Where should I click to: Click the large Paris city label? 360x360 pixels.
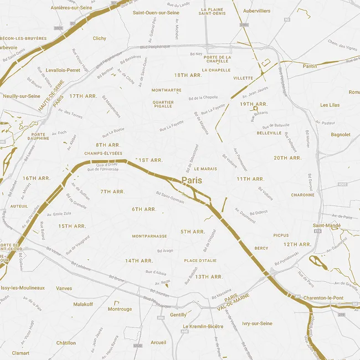[192, 181]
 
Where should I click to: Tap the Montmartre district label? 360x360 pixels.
[166, 90]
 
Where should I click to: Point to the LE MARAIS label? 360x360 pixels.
[205, 168]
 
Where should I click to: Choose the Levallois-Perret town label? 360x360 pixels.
[64, 70]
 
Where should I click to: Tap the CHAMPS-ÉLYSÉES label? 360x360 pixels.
[104, 153]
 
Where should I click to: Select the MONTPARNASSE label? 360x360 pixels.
[150, 236]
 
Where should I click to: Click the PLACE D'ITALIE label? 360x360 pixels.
[200, 260]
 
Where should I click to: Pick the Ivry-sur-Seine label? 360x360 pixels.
[257, 323]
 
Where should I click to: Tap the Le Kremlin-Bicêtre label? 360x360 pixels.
[203, 327]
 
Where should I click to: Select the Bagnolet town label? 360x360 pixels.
[340, 135]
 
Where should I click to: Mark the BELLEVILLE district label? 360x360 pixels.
[269, 133]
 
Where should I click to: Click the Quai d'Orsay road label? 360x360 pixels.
[107, 164]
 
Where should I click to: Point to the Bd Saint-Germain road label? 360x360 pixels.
[170, 197]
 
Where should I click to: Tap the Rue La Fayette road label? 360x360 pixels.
[172, 126]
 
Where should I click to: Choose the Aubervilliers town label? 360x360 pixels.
[256, 11]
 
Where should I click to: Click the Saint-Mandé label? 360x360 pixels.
[326, 225]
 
